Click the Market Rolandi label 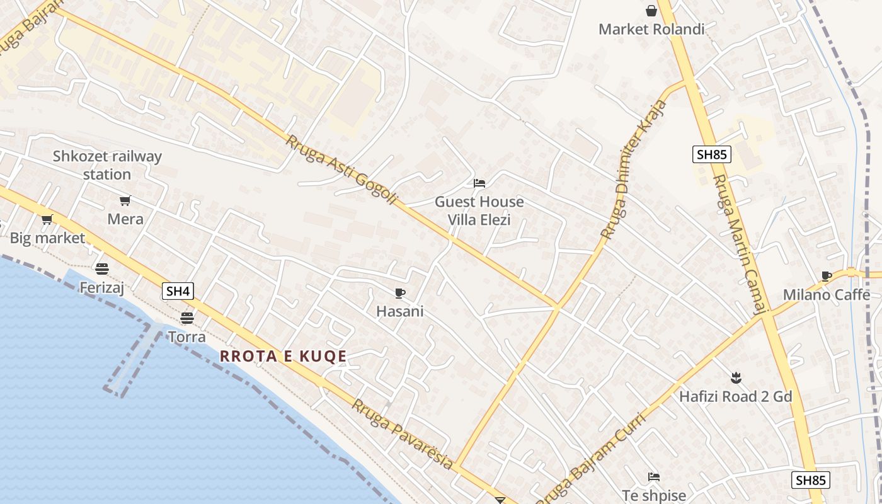[651, 29]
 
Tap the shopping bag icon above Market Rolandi [651, 11]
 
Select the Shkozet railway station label [107, 165]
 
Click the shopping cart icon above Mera [125, 201]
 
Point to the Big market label [47, 238]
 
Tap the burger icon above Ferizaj [102, 269]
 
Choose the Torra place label [186, 337]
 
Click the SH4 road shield [178, 291]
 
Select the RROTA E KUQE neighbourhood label [283, 357]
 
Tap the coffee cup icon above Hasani [399, 293]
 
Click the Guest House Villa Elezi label [479, 210]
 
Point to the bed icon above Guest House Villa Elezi [479, 183]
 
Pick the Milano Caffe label [827, 295]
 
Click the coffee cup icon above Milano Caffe [827, 276]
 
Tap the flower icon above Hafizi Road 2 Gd [735, 378]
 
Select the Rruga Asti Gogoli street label [342, 169]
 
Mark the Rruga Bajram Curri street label [591, 460]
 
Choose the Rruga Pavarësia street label [402, 434]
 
